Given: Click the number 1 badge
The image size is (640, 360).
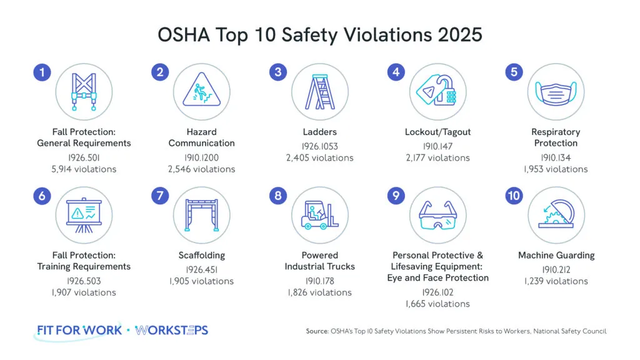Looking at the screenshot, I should coord(42,72).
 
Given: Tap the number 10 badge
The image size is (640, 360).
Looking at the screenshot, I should coord(514,196).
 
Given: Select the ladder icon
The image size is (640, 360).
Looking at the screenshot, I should coord(320,91).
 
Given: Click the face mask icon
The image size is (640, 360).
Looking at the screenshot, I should coord(556,91).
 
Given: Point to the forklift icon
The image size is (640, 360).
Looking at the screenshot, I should coord(320,214).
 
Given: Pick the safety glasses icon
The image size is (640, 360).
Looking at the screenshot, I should coord(437,214).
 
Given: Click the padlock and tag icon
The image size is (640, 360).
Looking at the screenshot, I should coord(437,91).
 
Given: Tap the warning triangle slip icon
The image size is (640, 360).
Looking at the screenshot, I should coord(201,91).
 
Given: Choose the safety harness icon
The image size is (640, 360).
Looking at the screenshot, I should coord(84,91).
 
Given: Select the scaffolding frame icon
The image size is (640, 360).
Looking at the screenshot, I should coord(201,214).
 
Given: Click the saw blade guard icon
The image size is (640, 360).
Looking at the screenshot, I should coord(556,214).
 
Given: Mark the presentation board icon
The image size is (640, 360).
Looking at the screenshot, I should coord(84,214).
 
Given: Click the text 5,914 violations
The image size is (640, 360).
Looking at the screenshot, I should coord(84,169).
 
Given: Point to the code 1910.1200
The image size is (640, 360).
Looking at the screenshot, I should coord(201,157).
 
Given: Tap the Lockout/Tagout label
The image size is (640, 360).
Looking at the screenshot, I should coord(437,132).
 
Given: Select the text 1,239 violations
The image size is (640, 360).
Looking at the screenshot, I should coord(556,281).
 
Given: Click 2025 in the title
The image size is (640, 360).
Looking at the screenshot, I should coord(454,34).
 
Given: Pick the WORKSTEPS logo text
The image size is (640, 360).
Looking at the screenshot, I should coord(172,329).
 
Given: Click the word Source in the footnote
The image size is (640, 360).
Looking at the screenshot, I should coord(317,331).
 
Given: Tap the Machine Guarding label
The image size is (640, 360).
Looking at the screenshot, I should coord(556,255).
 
